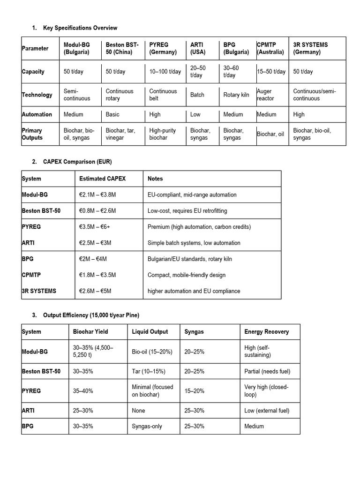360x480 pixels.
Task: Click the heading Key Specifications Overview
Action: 80,28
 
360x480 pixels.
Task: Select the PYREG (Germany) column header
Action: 163,48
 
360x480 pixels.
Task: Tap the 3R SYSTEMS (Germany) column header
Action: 310,48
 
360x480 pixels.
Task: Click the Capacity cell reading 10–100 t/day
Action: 165,72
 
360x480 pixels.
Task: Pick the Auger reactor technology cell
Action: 265,95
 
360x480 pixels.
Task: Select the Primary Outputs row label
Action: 32,134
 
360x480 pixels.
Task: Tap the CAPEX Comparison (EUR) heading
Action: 77,162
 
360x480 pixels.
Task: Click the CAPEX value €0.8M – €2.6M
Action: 97,211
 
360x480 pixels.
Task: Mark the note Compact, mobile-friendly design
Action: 187,275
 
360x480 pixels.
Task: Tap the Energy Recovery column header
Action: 266,331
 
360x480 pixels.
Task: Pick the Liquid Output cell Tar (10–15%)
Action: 149,371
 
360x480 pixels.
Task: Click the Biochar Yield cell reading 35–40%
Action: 83,391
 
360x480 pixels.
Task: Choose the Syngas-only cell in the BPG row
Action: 146,427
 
